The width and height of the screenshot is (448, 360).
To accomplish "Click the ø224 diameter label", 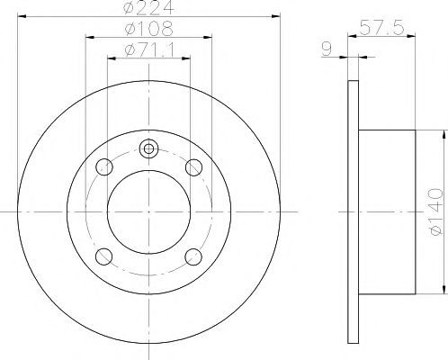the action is click(148, 8).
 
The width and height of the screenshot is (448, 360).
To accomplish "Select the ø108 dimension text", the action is click(148, 29).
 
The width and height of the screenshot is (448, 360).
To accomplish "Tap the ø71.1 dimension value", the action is click(148, 49).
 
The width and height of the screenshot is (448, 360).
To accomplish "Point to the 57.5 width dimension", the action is click(381, 28).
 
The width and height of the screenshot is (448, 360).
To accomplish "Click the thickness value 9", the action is click(327, 49).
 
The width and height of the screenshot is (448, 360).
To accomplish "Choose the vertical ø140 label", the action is click(435, 211).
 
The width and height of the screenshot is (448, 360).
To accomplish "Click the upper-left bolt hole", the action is click(104, 166).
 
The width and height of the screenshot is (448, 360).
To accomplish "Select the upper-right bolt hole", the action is click(193, 167).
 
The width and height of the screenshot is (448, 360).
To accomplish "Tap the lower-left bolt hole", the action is click(103, 256).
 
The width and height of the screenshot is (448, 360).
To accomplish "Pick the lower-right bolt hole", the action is click(193, 256).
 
